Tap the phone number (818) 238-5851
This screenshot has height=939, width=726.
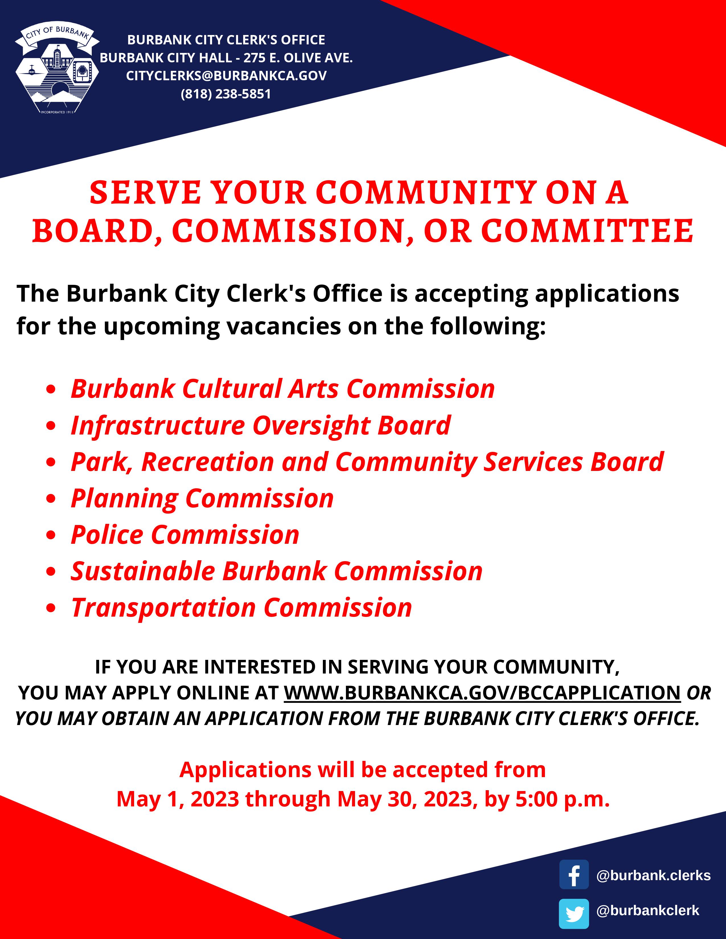click(x=226, y=94)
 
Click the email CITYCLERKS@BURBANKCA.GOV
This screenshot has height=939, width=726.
click(x=226, y=76)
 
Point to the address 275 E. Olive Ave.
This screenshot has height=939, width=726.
click(x=298, y=57)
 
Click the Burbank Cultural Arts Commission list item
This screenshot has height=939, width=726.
click(x=283, y=389)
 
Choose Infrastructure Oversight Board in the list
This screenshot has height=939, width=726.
click(x=261, y=426)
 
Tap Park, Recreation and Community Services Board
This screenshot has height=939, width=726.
click(x=367, y=462)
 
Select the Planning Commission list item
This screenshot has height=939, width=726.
click(x=202, y=499)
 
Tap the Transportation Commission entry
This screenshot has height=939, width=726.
click(x=241, y=608)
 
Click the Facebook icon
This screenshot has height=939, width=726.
click(x=574, y=874)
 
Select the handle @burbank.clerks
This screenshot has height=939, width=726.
click(x=653, y=875)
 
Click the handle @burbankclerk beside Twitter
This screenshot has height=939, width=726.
click(x=648, y=910)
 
